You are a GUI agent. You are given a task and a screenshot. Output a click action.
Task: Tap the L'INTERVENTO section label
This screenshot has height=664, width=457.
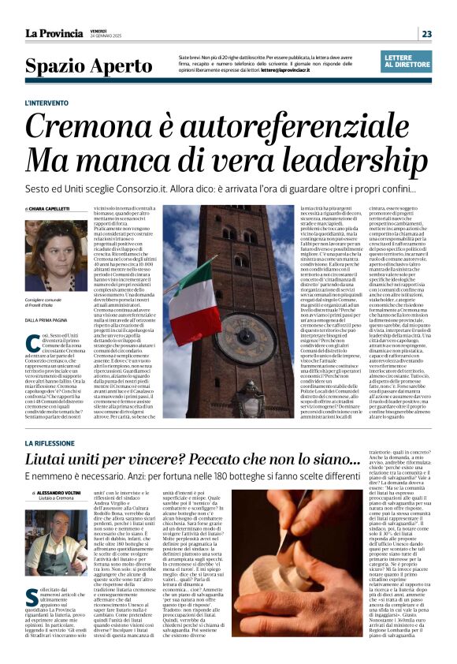point(69,103)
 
